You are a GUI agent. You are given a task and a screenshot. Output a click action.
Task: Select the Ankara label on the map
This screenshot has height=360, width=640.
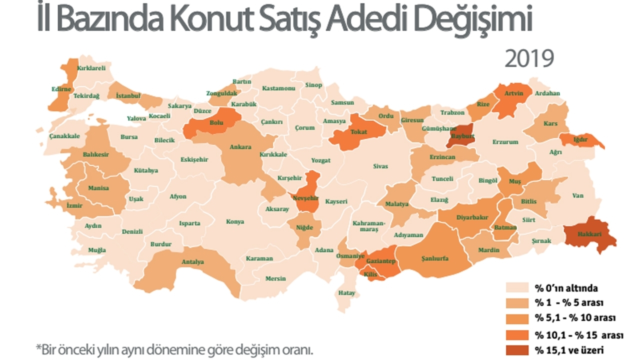(x=240, y=147)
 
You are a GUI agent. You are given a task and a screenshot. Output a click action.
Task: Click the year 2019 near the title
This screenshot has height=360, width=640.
(x=529, y=58)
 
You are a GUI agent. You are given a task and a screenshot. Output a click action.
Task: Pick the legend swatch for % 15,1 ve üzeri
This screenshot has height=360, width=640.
(x=518, y=350)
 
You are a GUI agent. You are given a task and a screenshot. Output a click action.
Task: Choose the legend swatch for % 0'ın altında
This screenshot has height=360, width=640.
(x=518, y=288)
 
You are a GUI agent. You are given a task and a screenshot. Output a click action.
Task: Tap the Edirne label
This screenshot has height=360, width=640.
(x=61, y=89)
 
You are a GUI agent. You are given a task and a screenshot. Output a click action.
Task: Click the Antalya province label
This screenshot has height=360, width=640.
(x=192, y=261)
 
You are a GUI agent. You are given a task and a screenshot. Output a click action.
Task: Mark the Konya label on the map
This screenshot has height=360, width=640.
(x=235, y=221)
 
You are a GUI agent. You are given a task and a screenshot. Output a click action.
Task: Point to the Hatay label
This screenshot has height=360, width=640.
(x=347, y=292)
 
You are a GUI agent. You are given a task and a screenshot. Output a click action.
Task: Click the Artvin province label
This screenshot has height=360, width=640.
(x=513, y=93)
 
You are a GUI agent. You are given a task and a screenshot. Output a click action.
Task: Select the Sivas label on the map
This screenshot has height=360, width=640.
(x=380, y=166)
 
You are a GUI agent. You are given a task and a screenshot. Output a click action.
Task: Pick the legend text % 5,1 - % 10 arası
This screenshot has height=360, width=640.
(x=575, y=318)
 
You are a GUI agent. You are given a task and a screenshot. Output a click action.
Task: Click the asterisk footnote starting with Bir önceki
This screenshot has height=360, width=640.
(x=174, y=348)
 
